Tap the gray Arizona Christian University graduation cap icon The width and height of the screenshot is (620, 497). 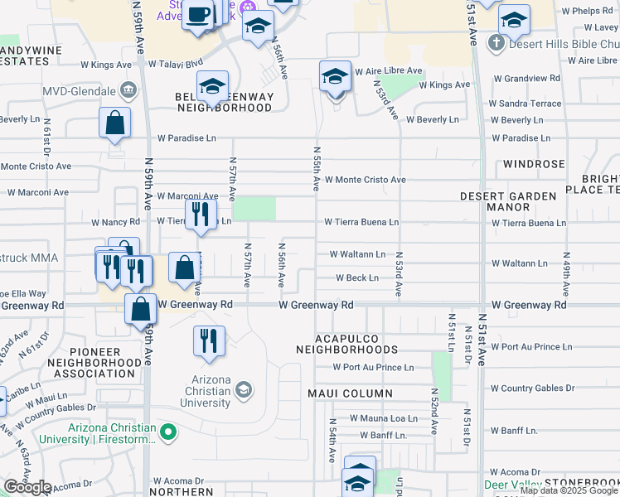coord(244,389)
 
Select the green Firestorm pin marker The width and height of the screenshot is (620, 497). coord(169,432)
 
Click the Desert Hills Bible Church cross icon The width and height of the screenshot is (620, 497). coord(496,42)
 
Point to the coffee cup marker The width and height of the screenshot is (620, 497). coord(198,15)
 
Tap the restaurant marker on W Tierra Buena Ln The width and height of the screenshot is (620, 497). coord(200,215)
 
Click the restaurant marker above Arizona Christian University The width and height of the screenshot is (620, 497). coord(209,340)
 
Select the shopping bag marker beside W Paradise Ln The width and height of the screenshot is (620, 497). coord(115,123)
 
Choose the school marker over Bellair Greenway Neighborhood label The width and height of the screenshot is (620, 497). coord(212,86)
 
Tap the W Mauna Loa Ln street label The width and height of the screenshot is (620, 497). coord(383,418)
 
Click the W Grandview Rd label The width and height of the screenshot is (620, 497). coord(524,78)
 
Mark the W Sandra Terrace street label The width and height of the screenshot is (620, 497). coord(525,104)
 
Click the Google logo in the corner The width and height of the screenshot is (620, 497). coord(27,487)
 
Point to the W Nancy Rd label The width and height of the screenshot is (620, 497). coord(115,223)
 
